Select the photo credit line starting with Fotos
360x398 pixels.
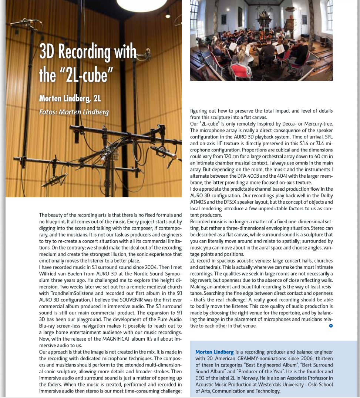(x=74, y=111)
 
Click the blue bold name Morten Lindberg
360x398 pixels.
(x=215, y=352)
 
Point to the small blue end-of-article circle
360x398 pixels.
(x=331, y=326)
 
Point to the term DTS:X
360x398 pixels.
(x=232, y=202)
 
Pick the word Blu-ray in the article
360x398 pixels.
(x=48, y=326)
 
